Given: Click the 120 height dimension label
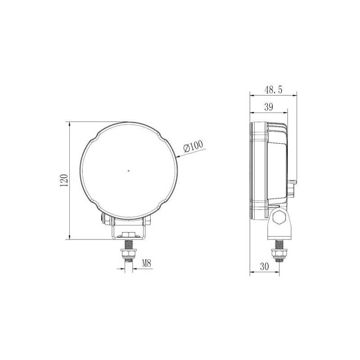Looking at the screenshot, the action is [64, 180].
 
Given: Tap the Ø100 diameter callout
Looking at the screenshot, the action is [193, 146].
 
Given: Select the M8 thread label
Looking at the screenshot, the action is [147, 263].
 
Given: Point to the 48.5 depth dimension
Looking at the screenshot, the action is [273, 90].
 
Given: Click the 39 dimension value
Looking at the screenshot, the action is [269, 107].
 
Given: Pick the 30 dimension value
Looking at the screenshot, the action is [265, 266].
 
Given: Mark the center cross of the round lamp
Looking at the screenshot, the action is [129, 171].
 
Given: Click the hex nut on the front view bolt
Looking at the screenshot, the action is [129, 253].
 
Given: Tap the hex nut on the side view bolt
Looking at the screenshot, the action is [279, 253].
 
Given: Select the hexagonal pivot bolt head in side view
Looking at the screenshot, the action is [279, 217].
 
